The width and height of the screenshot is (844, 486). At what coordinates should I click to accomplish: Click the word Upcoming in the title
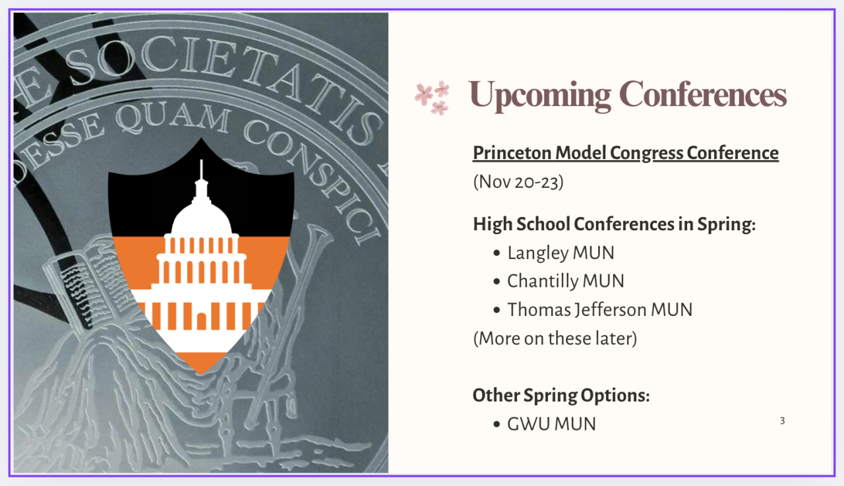[x=539, y=95]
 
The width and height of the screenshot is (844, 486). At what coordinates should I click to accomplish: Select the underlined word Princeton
[x=512, y=153]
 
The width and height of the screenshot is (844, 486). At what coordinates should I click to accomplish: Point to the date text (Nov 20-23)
[x=518, y=182]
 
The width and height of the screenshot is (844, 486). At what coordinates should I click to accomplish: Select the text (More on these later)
[x=555, y=338]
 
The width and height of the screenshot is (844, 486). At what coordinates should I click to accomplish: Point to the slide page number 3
[x=782, y=421]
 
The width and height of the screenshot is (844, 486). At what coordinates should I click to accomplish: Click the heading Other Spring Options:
[x=561, y=396]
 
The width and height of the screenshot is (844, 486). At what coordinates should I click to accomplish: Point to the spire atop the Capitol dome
[x=201, y=169]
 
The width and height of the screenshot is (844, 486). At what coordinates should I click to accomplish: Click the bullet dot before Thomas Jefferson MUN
[x=497, y=311]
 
